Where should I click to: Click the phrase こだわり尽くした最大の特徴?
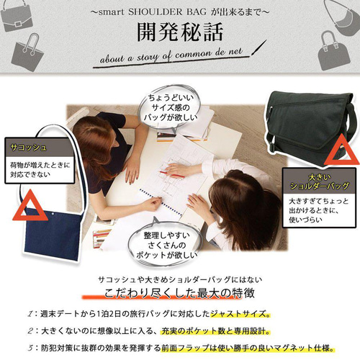point(179,294)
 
